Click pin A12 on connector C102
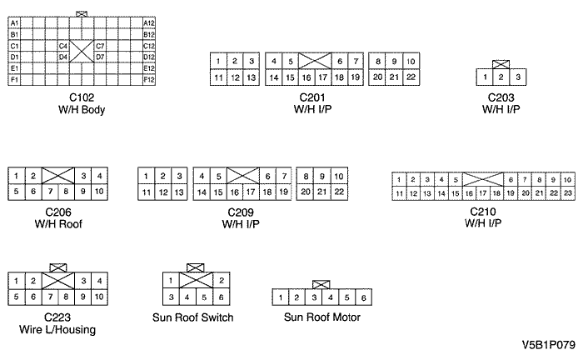pyautogui.click(x=149, y=22)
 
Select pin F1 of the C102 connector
pyautogui.click(x=15, y=79)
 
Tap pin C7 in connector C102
pyautogui.click(x=100, y=46)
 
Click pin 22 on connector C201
pyautogui.click(x=411, y=77)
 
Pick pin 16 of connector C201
pyautogui.click(x=306, y=77)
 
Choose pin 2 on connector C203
pyautogui.click(x=501, y=77)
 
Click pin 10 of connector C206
pyautogui.click(x=99, y=191)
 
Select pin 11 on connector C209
pyautogui.click(x=147, y=192)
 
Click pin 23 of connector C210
pyautogui.click(x=566, y=193)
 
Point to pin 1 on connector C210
pyautogui.click(x=400, y=179)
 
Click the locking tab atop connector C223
pyautogui.click(x=58, y=267)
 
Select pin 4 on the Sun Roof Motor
pyautogui.click(x=331, y=297)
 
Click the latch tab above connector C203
pyautogui.click(x=501, y=64)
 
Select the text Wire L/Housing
pyautogui.click(x=57, y=329)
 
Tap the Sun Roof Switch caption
pyautogui.click(x=192, y=317)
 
